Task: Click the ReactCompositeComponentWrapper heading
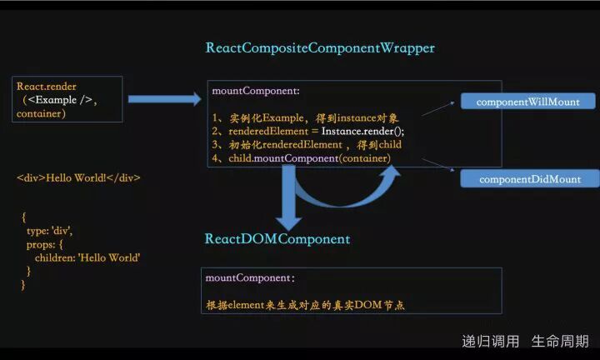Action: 320,48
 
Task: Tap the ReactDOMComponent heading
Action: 277,239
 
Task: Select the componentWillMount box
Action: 528,102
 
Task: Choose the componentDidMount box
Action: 530,179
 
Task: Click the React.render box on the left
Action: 67,99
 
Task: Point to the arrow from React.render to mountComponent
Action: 164,100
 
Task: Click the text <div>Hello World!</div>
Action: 78,177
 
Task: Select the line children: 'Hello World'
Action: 87,257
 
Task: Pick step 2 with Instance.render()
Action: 307,131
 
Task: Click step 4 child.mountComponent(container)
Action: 301,157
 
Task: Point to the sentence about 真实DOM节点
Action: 305,305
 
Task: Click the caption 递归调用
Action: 491,341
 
